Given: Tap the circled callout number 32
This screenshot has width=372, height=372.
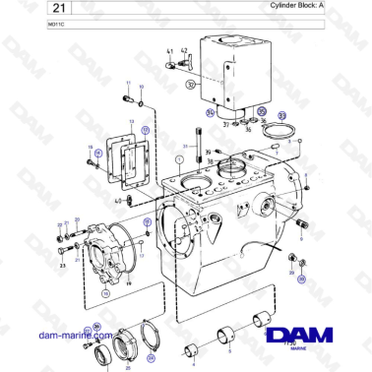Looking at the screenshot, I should (189, 85).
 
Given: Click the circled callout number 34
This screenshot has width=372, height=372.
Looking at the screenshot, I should (210, 113).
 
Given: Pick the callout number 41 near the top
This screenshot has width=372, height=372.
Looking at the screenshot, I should (169, 50).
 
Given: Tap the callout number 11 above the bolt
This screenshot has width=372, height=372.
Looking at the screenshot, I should (127, 86).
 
